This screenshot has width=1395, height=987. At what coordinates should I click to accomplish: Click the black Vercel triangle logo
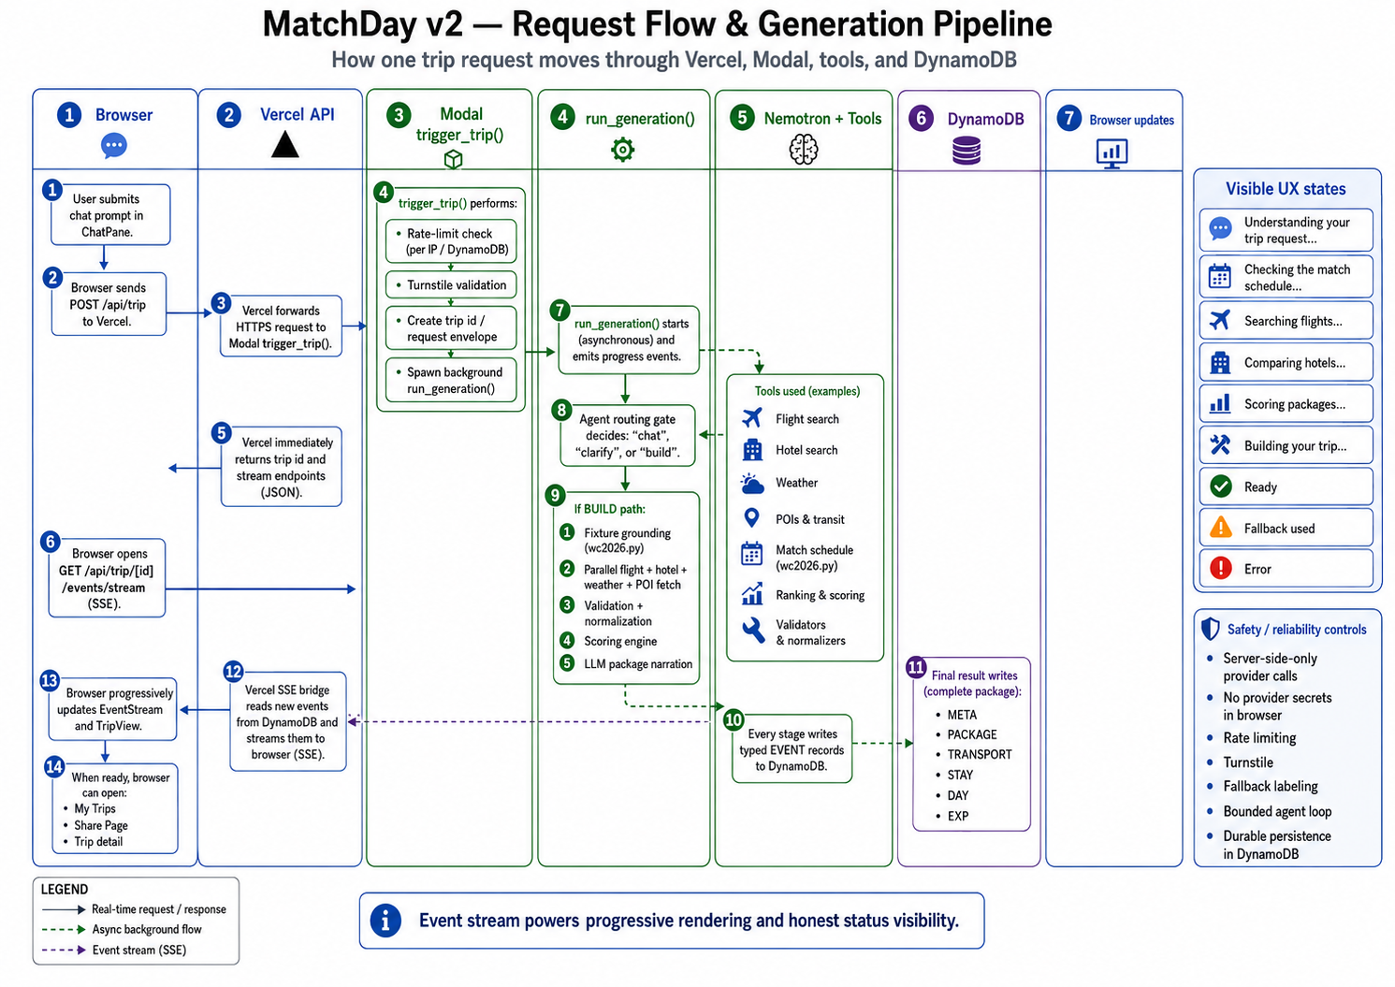(x=284, y=144)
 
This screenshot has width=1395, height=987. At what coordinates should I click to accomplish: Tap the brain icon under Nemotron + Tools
(x=804, y=150)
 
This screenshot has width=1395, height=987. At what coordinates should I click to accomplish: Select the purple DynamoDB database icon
(x=966, y=152)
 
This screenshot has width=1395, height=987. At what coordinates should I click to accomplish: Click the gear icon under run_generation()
(x=622, y=150)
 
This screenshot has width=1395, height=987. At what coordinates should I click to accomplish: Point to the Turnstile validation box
(x=451, y=284)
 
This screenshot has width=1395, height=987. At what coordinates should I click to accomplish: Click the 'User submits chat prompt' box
(x=110, y=215)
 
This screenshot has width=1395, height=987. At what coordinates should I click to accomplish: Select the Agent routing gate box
(x=627, y=435)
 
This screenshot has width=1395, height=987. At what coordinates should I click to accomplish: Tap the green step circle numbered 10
(x=734, y=719)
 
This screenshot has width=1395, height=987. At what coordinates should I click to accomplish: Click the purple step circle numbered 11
(x=915, y=668)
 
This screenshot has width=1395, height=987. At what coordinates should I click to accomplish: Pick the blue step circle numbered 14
(x=54, y=766)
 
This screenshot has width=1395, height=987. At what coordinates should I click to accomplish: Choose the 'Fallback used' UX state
(x=1286, y=528)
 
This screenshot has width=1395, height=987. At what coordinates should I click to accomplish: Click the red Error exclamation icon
(x=1221, y=569)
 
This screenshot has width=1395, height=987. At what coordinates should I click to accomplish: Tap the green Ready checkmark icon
(x=1221, y=486)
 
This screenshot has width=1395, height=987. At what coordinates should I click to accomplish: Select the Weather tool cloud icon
(x=752, y=484)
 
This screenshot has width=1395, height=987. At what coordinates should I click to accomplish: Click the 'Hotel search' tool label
(x=806, y=450)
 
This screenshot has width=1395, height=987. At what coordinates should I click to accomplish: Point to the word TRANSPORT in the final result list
(x=980, y=755)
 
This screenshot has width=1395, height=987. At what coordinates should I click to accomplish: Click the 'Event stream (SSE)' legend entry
(x=139, y=950)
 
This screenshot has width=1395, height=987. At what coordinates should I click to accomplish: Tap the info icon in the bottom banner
(x=385, y=921)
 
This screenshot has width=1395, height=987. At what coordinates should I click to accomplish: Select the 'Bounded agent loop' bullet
(x=1277, y=811)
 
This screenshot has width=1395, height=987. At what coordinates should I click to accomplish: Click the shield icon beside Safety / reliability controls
(x=1210, y=629)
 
